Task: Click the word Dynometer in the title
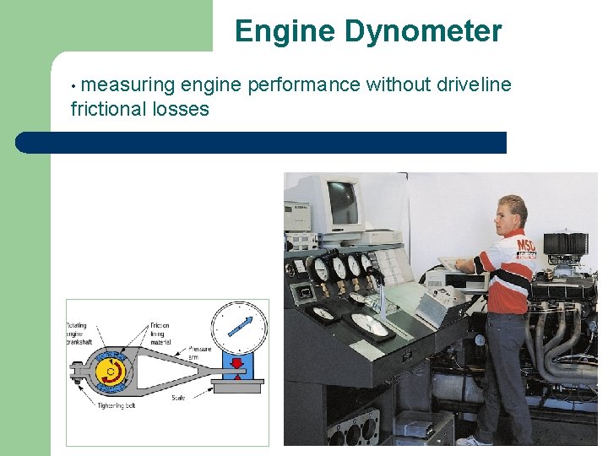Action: (x=423, y=32)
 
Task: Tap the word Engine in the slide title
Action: (x=286, y=32)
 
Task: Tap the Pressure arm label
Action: (x=200, y=352)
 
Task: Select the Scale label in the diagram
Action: (x=179, y=398)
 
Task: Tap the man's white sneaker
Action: (x=473, y=441)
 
